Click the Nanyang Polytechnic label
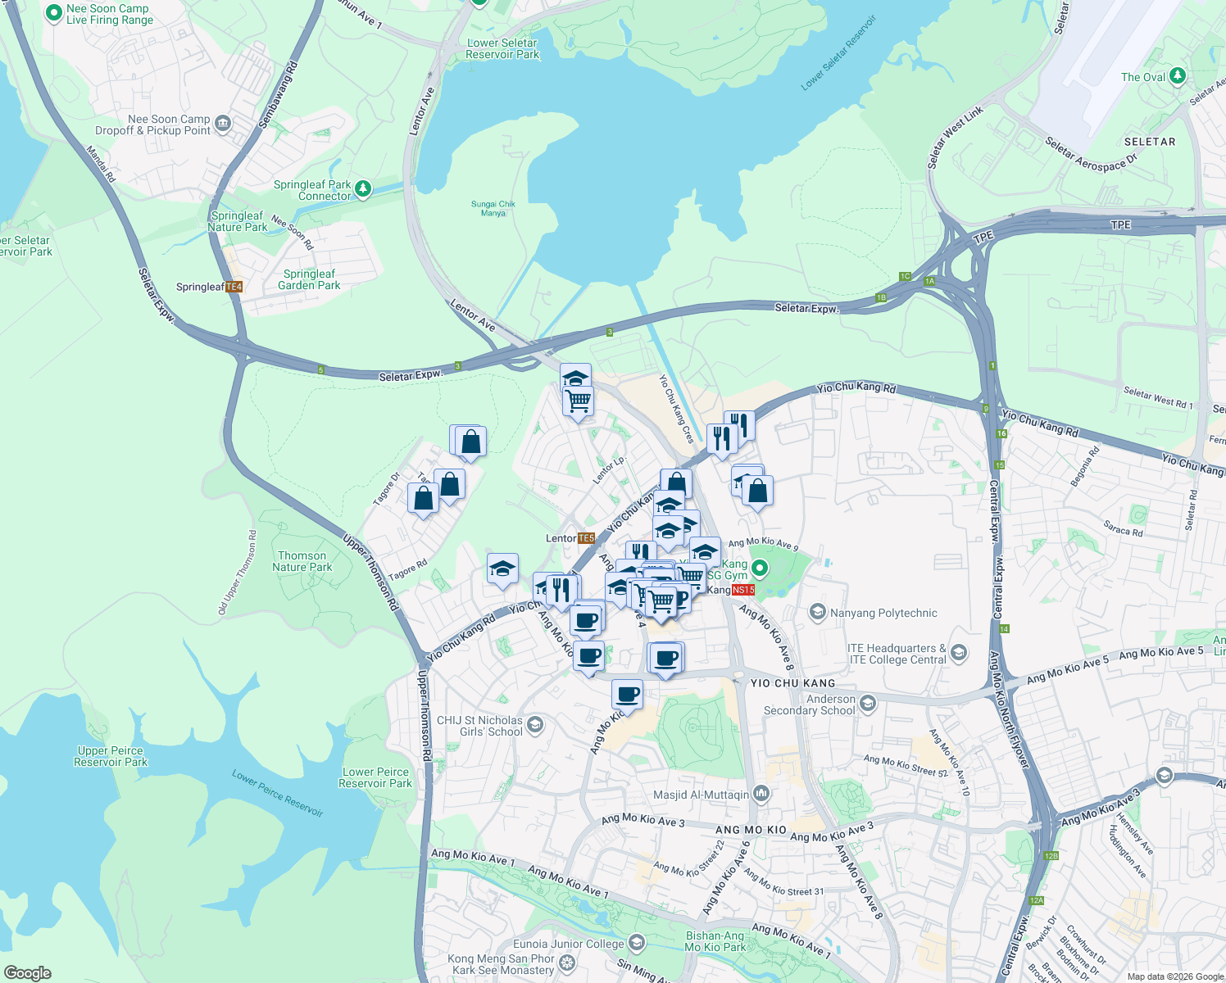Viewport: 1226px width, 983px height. click(883, 613)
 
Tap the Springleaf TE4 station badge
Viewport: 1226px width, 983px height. click(234, 287)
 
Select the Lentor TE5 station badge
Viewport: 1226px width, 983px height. click(586, 538)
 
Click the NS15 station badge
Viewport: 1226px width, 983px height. click(742, 590)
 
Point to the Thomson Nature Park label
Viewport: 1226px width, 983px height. click(302, 561)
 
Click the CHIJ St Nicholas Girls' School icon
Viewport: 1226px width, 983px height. click(535, 724)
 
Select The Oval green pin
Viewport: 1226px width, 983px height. click(1178, 76)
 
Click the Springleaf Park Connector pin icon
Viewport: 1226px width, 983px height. click(362, 189)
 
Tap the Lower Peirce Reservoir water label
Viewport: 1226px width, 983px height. click(277, 792)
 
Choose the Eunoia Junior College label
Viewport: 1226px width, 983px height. click(569, 944)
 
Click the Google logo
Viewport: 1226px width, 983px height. click(28, 972)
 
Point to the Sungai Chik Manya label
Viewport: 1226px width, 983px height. click(493, 208)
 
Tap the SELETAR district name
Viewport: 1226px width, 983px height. click(1149, 142)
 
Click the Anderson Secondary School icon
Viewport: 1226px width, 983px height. click(868, 703)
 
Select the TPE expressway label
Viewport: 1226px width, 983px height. click(1120, 224)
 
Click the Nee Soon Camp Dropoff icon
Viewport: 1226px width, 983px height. click(223, 124)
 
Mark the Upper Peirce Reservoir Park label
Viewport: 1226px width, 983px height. click(111, 756)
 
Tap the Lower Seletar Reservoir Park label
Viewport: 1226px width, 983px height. click(502, 48)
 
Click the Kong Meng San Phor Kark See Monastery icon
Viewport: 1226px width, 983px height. click(566, 963)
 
